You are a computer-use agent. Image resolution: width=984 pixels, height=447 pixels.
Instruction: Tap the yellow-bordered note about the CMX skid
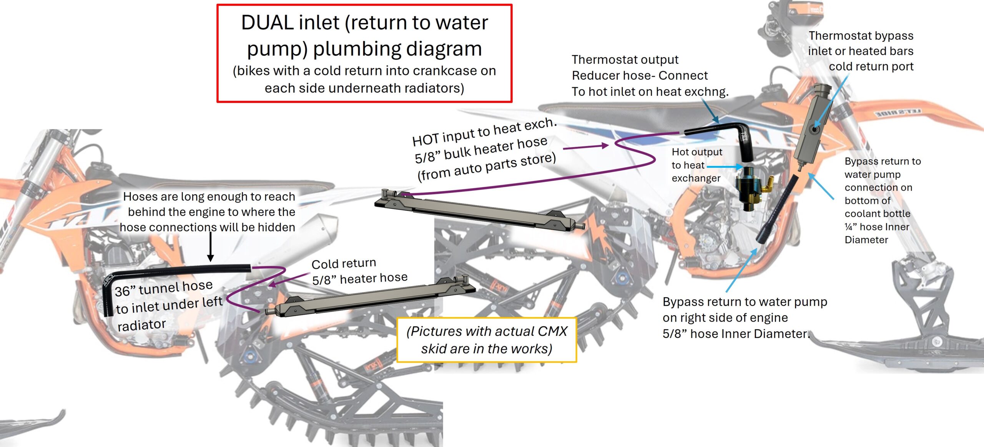click(486, 340)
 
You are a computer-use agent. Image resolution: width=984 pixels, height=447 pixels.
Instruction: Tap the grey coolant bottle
click(811, 127)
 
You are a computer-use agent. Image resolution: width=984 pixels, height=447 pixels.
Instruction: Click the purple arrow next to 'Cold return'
click(288, 279)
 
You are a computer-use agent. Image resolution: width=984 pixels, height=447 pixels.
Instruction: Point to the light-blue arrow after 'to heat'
click(725, 166)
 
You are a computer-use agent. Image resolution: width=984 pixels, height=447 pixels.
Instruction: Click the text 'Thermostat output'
click(625, 60)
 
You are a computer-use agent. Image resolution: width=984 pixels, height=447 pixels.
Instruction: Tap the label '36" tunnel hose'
click(164, 288)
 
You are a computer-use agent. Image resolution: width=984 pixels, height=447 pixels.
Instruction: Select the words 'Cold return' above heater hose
click(344, 264)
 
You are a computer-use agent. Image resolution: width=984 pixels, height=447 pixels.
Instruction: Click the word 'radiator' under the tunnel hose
click(141, 325)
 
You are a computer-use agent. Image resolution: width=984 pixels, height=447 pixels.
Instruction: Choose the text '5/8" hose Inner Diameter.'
click(736, 334)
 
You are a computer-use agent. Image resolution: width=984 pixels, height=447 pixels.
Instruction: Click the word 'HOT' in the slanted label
click(426, 139)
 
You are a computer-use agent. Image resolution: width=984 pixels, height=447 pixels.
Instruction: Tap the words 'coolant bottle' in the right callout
click(877, 213)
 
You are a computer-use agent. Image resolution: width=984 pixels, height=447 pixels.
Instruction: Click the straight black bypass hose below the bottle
click(777, 209)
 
